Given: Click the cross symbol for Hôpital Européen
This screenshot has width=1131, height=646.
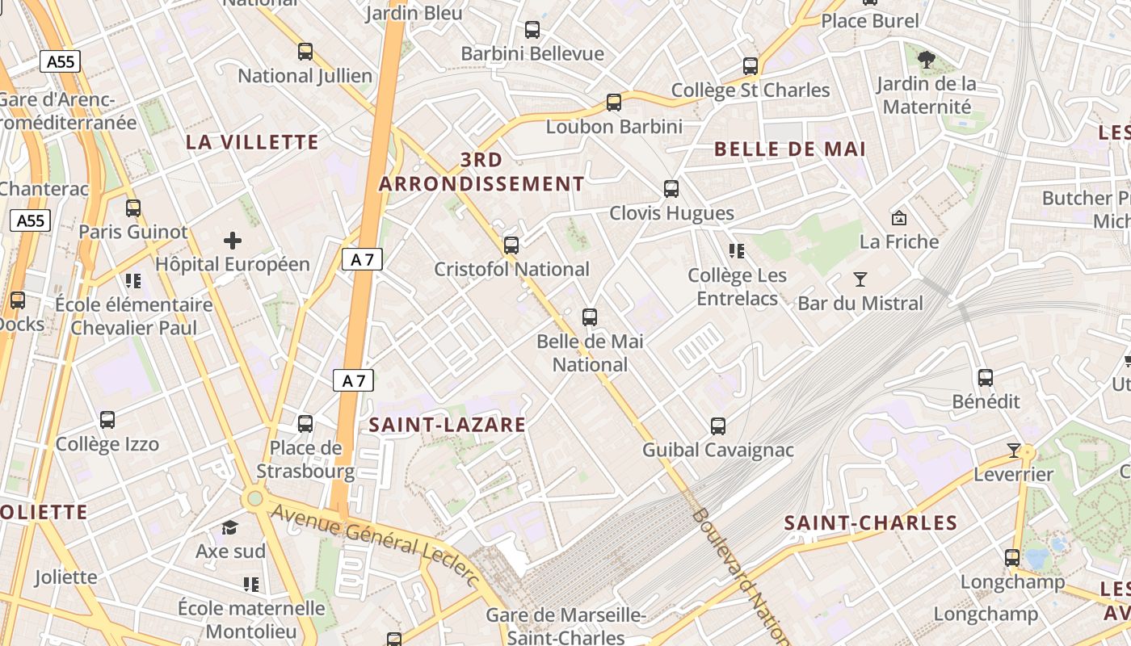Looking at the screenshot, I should pyautogui.click(x=233, y=241).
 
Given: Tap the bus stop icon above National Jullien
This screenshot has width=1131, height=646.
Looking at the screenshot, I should pyautogui.click(x=305, y=52).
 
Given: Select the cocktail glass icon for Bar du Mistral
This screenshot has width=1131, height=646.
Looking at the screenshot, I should pyautogui.click(x=860, y=279).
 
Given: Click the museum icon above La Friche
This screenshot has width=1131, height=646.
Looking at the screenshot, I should pyautogui.click(x=898, y=217).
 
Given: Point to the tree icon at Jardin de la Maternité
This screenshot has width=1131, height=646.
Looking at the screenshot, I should pyautogui.click(x=927, y=59).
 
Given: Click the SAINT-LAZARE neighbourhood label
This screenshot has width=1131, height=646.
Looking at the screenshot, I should pyautogui.click(x=448, y=425).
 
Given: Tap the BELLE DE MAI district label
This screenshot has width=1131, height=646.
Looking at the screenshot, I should pyautogui.click(x=790, y=149).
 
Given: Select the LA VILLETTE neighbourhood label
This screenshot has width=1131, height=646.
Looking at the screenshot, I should pyautogui.click(x=252, y=143).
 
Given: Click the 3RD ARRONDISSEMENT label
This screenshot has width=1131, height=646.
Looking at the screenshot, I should pyautogui.click(x=481, y=172).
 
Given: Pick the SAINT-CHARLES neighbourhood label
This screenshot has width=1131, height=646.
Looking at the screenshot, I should pyautogui.click(x=871, y=523).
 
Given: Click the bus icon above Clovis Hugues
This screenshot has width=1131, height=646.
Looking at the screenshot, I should pyautogui.click(x=671, y=189).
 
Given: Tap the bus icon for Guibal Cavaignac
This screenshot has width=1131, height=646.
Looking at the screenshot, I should pyautogui.click(x=718, y=426).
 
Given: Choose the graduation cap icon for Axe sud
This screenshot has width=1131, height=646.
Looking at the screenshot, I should pyautogui.click(x=230, y=527).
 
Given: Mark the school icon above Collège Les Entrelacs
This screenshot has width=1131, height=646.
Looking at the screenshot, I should pyautogui.click(x=736, y=251).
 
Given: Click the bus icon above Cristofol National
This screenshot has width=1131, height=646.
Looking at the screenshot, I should pyautogui.click(x=511, y=245).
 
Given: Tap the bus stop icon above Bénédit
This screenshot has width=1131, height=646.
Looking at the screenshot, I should pyautogui.click(x=986, y=377).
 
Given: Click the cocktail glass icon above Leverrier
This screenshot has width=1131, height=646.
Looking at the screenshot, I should pyautogui.click(x=1014, y=450).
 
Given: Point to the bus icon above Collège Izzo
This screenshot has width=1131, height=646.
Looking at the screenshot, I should pyautogui.click(x=107, y=420).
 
